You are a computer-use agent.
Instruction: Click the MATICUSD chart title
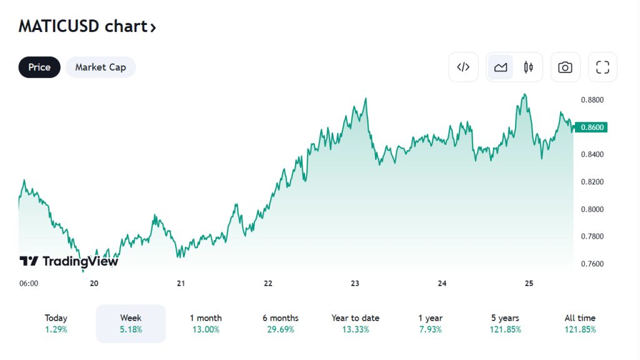pos(87,27)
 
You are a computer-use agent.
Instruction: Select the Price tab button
pos(39,67)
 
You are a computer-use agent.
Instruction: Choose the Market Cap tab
pos(101,67)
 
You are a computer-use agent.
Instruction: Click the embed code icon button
pos(463,67)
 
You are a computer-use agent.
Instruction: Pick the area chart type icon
pos(501,67)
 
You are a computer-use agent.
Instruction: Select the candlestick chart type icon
pos(528,67)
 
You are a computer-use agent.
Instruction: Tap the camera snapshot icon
pos(565,67)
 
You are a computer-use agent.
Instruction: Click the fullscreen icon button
pos(602,67)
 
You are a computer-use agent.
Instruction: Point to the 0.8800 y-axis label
pos(591,100)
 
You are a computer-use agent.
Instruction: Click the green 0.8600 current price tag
pos(591,127)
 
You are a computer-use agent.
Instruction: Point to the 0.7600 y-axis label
pos(591,264)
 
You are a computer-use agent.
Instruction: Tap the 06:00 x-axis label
pos(29,283)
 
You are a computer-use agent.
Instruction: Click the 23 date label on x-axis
pos(355,283)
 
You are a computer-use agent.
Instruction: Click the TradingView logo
pos(69,261)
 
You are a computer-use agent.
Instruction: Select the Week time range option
pos(131,324)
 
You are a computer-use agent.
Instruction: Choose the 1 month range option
pos(206,324)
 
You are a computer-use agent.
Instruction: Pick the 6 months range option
pos(280,324)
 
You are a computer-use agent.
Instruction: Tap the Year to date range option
pos(355,324)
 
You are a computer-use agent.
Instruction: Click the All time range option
pos(580,324)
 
